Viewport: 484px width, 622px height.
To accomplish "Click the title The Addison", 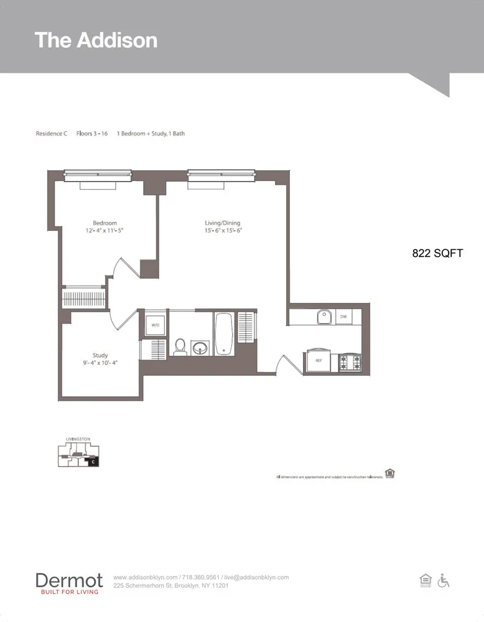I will [x=96, y=40].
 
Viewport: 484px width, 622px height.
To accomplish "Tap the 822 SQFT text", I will [x=437, y=253].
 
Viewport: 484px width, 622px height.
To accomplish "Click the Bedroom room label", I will [x=105, y=223].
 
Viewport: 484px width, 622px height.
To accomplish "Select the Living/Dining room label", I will [x=222, y=223].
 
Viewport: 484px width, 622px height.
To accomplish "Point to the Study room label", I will [x=100, y=355].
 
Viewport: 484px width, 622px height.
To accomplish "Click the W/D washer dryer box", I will [x=154, y=325].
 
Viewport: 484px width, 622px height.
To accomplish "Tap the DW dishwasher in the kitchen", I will [x=343, y=317].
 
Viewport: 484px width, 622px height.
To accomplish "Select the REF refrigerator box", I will [x=318, y=360].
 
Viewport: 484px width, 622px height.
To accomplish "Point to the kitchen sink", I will [x=323, y=317].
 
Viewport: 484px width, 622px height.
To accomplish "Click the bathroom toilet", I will [x=180, y=346].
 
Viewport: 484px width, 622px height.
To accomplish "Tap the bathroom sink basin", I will [x=200, y=347].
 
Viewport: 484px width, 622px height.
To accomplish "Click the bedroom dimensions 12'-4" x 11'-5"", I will [x=105, y=231].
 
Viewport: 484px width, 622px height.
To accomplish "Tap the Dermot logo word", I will [x=69, y=580].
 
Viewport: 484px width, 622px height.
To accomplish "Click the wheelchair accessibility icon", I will [x=444, y=580].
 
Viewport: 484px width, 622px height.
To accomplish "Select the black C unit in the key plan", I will [x=93, y=462].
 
